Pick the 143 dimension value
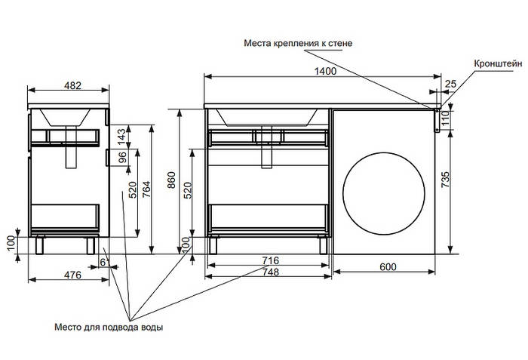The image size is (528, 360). [x=121, y=136]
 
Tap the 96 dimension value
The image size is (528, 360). [x=121, y=159]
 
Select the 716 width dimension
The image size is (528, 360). [x=269, y=260]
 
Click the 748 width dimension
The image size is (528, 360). [x=269, y=272]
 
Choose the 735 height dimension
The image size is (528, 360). [x=445, y=180]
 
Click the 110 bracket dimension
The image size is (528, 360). [x=445, y=117]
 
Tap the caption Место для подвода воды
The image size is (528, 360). [x=109, y=328]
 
